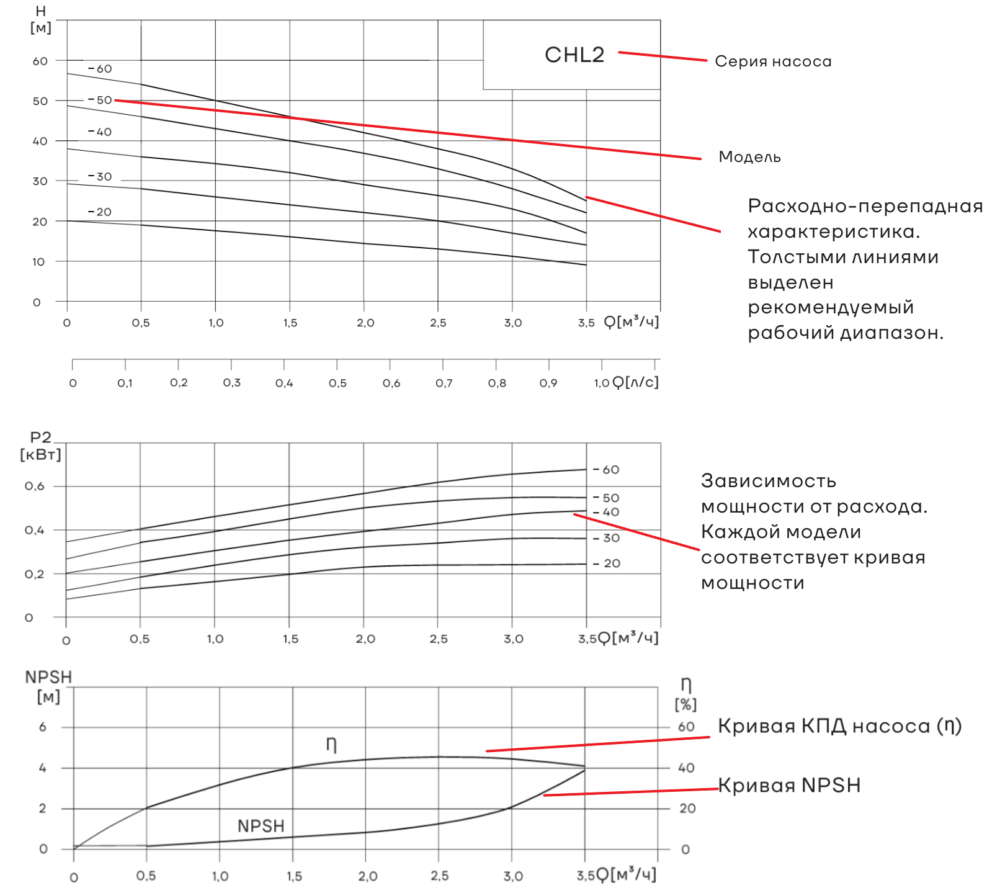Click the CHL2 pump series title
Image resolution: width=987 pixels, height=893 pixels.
pyautogui.click(x=574, y=55)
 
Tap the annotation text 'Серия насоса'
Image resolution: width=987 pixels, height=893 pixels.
pyautogui.click(x=772, y=61)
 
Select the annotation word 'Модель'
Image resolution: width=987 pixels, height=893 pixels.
pyautogui.click(x=749, y=157)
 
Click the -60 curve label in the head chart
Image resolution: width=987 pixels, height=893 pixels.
pyautogui.click(x=100, y=69)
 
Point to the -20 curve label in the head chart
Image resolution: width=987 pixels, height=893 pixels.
pyautogui.click(x=100, y=212)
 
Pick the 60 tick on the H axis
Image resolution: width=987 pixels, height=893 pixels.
pyautogui.click(x=40, y=61)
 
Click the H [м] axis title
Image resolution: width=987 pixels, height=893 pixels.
pyautogui.click(x=41, y=20)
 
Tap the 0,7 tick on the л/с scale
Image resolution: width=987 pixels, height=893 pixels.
pyautogui.click(x=444, y=383)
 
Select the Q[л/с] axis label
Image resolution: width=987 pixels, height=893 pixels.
pyautogui.click(x=635, y=382)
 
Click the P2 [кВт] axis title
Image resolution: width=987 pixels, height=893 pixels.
pyautogui.click(x=41, y=446)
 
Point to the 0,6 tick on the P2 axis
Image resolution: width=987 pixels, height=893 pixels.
pyautogui.click(x=35, y=486)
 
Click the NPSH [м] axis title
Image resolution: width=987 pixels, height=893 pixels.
pyautogui.click(x=48, y=686)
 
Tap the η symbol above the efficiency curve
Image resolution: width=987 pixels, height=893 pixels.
pyautogui.click(x=331, y=743)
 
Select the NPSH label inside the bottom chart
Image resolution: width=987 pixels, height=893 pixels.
pyautogui.click(x=261, y=826)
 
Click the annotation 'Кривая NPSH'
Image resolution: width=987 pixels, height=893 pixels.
pyautogui.click(x=789, y=785)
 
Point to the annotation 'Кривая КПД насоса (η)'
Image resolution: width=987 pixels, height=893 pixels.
pyautogui.click(x=839, y=726)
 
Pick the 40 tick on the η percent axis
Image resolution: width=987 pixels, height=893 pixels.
pyautogui.click(x=686, y=768)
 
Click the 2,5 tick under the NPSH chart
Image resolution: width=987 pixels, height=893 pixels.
pyautogui.click(x=439, y=876)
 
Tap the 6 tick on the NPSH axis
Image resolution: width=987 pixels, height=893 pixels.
pyautogui.click(x=43, y=727)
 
